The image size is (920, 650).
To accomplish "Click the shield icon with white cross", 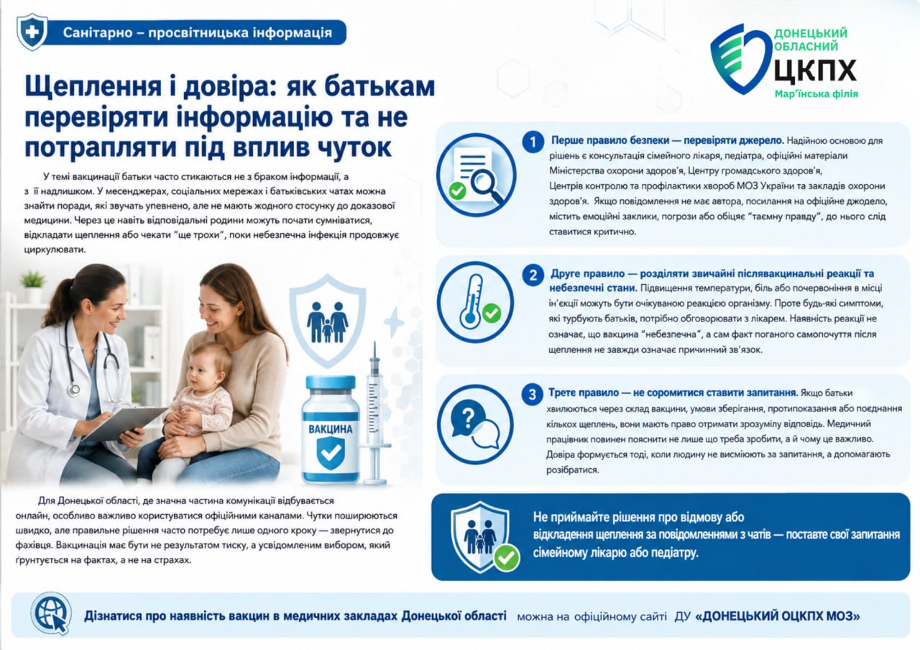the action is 32,32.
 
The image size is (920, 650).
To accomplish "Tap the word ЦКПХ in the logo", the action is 815,70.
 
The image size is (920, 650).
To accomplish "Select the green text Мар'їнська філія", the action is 816,94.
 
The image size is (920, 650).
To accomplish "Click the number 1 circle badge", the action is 533,142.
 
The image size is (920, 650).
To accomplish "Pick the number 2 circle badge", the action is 533,275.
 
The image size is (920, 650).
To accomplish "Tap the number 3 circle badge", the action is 533,395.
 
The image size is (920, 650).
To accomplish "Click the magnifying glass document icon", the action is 476,175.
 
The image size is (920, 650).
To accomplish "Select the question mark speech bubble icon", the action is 475,424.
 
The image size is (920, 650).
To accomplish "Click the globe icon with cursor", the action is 51,614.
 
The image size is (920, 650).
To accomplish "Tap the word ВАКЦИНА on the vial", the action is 330,429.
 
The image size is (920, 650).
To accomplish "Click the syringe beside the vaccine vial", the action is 374,413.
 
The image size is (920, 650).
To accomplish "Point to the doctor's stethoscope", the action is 89,357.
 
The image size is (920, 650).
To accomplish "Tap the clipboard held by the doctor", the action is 124,424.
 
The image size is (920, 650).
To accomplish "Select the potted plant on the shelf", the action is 33,285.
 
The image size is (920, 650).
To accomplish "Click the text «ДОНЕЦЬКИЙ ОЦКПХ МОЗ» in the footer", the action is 778,616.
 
